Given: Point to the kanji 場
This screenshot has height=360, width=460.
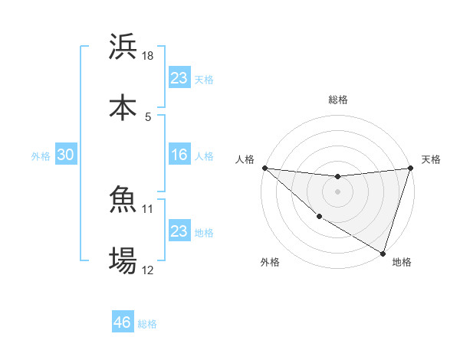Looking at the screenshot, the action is pyautogui.click(x=123, y=260).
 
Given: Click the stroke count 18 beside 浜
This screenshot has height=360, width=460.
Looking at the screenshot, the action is pyautogui.click(x=149, y=56).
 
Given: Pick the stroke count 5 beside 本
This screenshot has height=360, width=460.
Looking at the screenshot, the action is pyautogui.click(x=148, y=116).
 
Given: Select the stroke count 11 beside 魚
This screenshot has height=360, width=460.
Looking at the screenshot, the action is pyautogui.click(x=149, y=208).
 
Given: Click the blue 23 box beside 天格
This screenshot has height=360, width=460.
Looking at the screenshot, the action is pyautogui.click(x=179, y=77).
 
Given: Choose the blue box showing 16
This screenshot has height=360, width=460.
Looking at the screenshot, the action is pyautogui.click(x=179, y=155).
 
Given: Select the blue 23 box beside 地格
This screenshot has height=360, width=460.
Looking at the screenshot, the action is pyautogui.click(x=179, y=231).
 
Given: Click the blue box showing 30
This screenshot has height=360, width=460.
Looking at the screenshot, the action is pyautogui.click(x=66, y=155).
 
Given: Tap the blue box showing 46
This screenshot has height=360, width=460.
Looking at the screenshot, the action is pyautogui.click(x=123, y=322).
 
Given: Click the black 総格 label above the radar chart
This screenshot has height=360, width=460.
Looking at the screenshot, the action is pyautogui.click(x=338, y=100).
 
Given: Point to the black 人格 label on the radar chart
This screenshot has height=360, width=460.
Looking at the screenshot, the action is pyautogui.click(x=245, y=159).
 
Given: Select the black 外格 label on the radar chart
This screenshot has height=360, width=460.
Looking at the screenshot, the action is pyautogui.click(x=270, y=262).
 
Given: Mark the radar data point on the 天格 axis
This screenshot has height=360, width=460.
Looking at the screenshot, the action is pyautogui.click(x=411, y=168).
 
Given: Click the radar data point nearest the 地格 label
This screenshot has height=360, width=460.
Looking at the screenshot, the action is pyautogui.click(x=383, y=253).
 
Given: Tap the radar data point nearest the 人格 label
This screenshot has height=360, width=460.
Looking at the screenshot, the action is pyautogui.click(x=264, y=168).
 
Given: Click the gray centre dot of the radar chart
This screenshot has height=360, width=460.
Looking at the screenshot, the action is pyautogui.click(x=338, y=191).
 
